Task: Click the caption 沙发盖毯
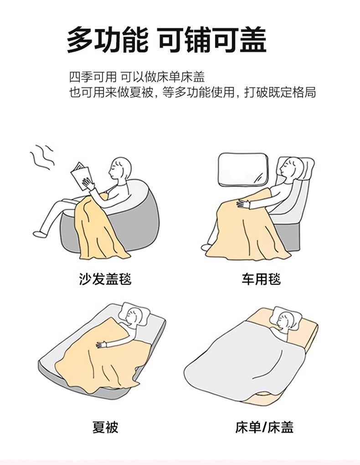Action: point(105,279)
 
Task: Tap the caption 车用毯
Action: point(261,279)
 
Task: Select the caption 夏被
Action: point(105,427)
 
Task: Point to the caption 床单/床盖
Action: point(264,427)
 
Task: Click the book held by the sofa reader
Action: point(80,176)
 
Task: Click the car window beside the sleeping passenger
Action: point(242,170)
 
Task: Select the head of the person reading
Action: point(120,168)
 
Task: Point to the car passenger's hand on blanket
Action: point(243,203)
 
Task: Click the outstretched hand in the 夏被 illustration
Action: point(102,345)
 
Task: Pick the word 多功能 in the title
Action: point(107,39)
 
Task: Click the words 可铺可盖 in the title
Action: point(212,39)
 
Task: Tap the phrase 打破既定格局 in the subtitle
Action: point(280,93)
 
